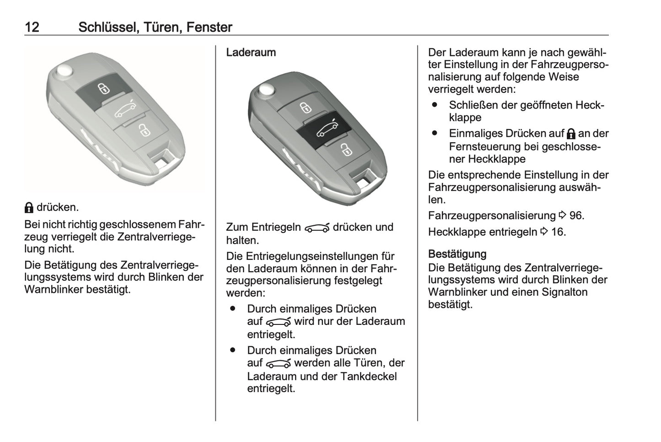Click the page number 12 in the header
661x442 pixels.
point(32,27)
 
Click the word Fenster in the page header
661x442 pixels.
point(209,27)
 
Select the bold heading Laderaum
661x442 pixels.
point(251,53)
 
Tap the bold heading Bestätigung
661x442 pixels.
point(457,254)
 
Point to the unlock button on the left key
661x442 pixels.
point(143,130)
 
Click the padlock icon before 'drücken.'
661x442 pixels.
point(29,208)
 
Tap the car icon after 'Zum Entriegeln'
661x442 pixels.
point(317,228)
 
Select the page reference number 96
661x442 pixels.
point(576,216)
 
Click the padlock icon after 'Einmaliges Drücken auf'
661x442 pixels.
point(570,134)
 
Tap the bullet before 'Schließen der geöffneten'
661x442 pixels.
point(435,105)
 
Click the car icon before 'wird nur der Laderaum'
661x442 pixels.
point(278,322)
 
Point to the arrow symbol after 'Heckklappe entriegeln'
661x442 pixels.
point(544,232)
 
